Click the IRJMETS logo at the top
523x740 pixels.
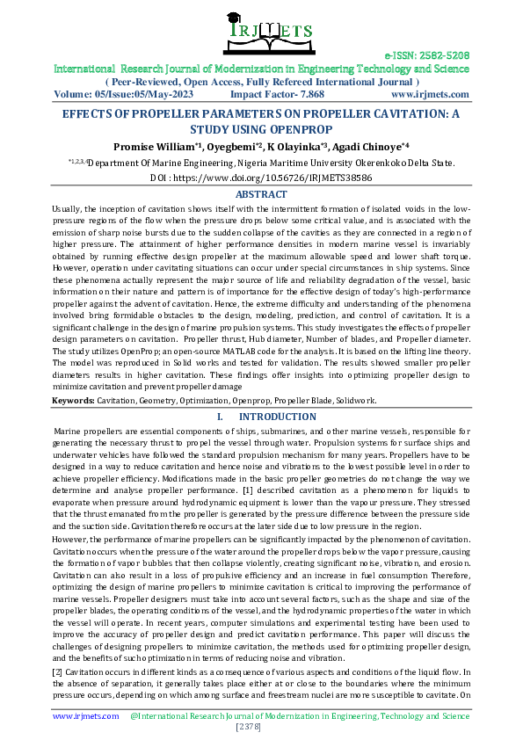pos(261,32)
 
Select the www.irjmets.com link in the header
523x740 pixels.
pos(430,93)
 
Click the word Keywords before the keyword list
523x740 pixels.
pos(72,401)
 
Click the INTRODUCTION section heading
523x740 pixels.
pos(277,417)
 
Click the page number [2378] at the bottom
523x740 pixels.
pos(261,728)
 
